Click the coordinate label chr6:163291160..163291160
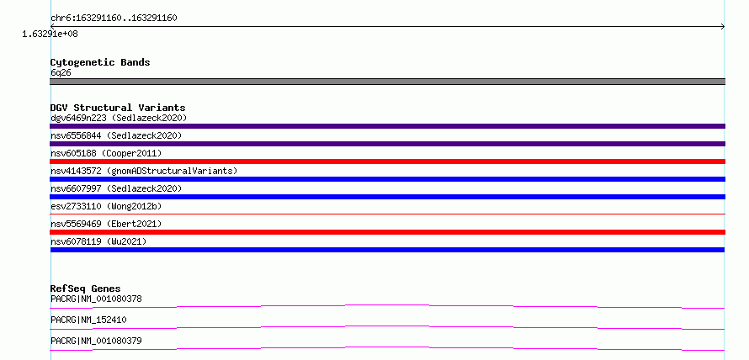click(114, 19)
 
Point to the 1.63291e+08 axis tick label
click(50, 34)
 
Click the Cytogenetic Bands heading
click(100, 62)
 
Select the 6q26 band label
click(61, 72)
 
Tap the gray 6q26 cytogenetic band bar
click(387, 82)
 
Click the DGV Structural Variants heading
click(118, 108)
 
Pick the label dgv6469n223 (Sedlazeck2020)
click(119, 118)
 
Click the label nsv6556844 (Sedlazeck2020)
click(116, 135)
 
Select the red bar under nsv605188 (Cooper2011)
click(387, 161)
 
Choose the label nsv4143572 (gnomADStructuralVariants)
click(144, 171)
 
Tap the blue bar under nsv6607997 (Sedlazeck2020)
click(387, 197)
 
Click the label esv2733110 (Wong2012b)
click(106, 206)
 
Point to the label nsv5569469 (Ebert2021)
click(106, 224)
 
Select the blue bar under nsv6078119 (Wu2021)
click(387, 250)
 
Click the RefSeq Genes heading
click(86, 289)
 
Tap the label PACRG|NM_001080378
click(96, 299)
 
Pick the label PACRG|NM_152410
click(88, 320)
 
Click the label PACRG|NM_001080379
click(96, 341)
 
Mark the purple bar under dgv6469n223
click(387, 126)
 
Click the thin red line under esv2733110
click(387, 214)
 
